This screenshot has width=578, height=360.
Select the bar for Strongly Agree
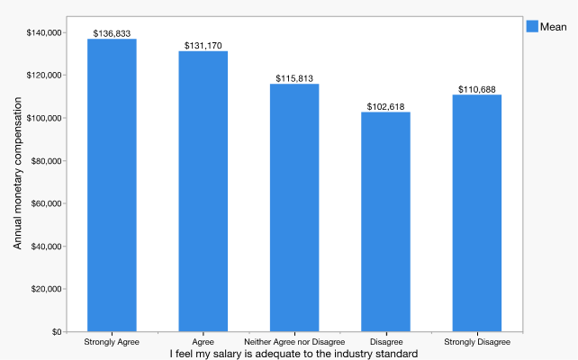[112, 185]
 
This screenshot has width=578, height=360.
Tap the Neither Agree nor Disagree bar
[294, 208]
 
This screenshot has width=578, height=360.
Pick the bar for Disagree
[385, 221]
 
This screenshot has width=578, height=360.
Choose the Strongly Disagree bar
[477, 213]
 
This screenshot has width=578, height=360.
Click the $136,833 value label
[112, 33]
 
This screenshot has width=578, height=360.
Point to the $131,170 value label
[203, 46]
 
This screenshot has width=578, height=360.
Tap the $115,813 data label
[294, 78]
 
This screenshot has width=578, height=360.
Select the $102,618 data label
[385, 107]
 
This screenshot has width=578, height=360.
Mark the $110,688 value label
[477, 89]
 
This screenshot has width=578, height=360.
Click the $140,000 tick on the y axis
[44, 33]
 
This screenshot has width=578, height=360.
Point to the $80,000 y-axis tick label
[47, 161]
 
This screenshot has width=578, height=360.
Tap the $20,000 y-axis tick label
[47, 289]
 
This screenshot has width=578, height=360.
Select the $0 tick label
[55, 332]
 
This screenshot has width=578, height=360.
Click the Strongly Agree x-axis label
[112, 343]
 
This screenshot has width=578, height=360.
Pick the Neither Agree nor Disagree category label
[294, 343]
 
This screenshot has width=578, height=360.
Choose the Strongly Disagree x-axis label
[477, 343]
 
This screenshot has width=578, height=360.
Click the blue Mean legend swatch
[531, 27]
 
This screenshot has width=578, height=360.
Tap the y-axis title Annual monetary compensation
[18, 183]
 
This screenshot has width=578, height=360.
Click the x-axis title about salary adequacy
[294, 354]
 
